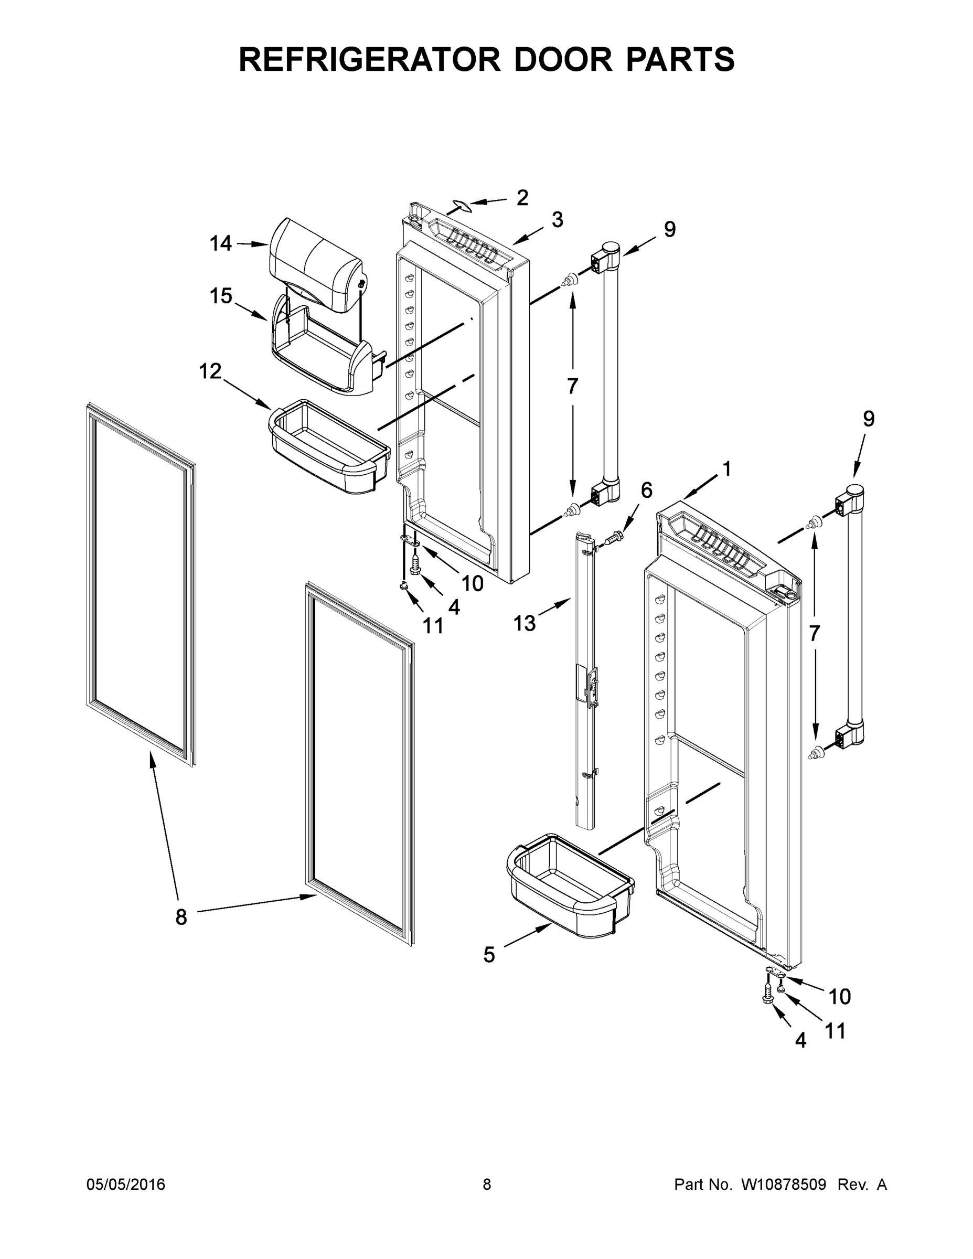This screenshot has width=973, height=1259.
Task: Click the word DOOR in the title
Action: pyautogui.click(x=563, y=59)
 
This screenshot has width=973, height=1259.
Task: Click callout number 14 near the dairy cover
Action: pyautogui.click(x=220, y=243)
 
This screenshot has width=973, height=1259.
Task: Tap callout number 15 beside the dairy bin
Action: pyautogui.click(x=220, y=296)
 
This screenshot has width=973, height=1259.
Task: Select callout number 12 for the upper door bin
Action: pyautogui.click(x=210, y=371)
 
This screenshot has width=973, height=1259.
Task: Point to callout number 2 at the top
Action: pyautogui.click(x=522, y=198)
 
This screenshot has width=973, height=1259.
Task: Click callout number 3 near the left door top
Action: pyautogui.click(x=557, y=220)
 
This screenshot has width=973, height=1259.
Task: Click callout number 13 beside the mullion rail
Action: pyautogui.click(x=524, y=623)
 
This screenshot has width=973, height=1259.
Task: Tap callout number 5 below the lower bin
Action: pyautogui.click(x=489, y=955)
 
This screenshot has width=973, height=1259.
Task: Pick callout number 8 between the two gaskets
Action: pyautogui.click(x=181, y=916)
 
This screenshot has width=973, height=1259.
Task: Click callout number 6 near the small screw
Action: pyautogui.click(x=646, y=490)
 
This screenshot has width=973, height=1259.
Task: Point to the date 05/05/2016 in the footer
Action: pyautogui.click(x=126, y=1184)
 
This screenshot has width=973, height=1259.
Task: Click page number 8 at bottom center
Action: pyautogui.click(x=487, y=1184)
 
